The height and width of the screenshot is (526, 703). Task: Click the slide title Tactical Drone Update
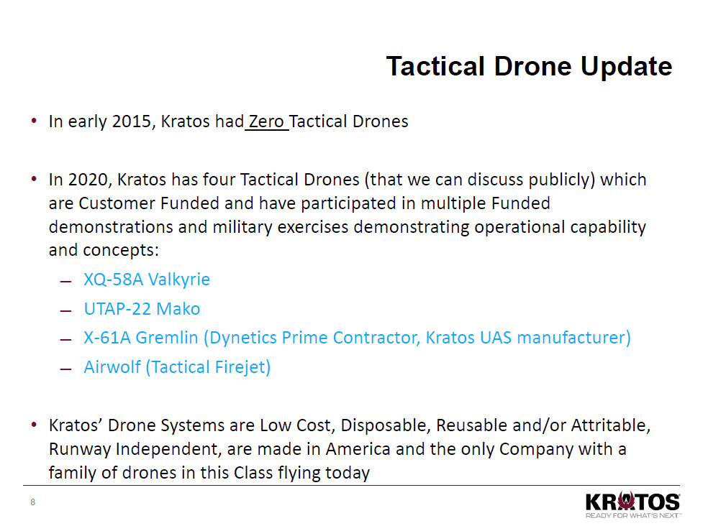coord(529,66)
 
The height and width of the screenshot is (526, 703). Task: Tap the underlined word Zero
coord(266,121)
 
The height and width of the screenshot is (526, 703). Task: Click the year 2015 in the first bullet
coord(130,121)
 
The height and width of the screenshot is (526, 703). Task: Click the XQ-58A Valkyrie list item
coord(147,280)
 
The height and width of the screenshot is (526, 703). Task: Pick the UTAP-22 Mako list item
coord(142,309)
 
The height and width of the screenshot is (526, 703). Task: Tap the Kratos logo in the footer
coord(632,502)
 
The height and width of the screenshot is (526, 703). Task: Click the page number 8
coord(32,502)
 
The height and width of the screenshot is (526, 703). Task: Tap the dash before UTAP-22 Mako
coord(67,310)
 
